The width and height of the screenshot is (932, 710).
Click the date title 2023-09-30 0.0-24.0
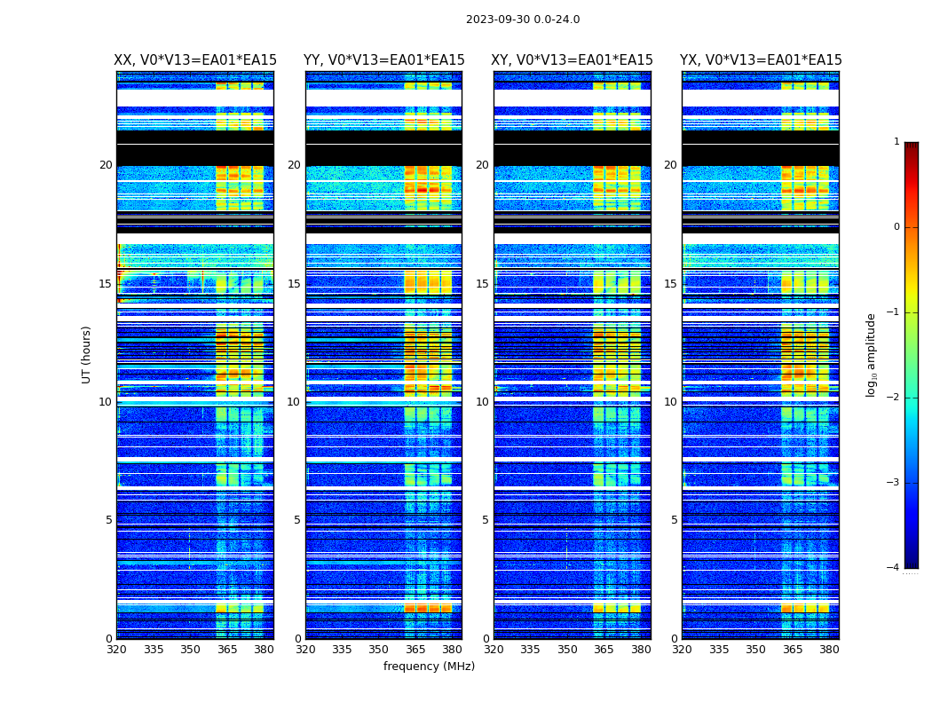[523, 20]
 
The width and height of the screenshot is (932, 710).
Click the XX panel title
[195, 60]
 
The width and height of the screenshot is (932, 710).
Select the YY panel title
[383, 60]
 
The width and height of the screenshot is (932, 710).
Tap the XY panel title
[573, 60]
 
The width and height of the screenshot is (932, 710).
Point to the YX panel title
[761, 60]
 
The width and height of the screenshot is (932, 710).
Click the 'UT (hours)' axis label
[87, 354]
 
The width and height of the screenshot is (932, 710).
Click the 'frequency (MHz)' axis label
[429, 667]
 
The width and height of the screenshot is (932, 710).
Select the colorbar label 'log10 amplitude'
[872, 354]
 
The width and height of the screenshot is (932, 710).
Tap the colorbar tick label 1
[896, 142]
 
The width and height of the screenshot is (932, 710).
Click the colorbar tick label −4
[894, 568]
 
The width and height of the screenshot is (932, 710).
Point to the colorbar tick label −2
[894, 398]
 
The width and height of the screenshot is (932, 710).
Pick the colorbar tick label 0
[896, 227]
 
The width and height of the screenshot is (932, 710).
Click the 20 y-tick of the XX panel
[106, 165]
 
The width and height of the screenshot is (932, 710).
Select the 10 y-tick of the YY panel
[294, 402]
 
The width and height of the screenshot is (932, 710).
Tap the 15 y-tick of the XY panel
[482, 284]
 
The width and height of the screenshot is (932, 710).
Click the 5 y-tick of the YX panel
[674, 520]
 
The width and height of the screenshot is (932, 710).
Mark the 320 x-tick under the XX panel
[116, 650]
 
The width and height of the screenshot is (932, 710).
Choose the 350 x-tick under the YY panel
[379, 650]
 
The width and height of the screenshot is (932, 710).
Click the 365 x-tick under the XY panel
[604, 650]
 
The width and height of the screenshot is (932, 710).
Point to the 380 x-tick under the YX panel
[829, 650]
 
